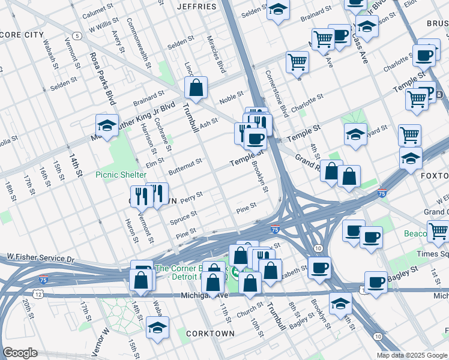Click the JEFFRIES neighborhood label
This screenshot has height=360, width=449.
pyautogui.click(x=197, y=7)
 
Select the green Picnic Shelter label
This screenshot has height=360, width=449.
pyautogui.click(x=121, y=175)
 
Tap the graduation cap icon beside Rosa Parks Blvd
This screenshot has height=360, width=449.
pyautogui.click(x=107, y=126)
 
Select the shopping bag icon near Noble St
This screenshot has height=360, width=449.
pyautogui.click(x=196, y=88)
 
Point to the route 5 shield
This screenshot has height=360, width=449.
pyautogui.click(x=78, y=37)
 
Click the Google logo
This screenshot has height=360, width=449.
pyautogui.click(x=20, y=353)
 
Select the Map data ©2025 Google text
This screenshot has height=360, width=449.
pyautogui.click(x=412, y=355)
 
